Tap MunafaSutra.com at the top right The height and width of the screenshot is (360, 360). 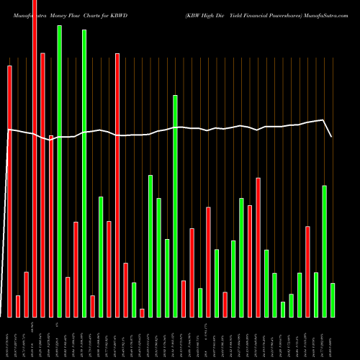327,14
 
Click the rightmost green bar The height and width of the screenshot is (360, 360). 333,300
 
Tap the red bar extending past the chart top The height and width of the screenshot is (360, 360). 35,158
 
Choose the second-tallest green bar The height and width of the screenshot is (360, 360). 84,173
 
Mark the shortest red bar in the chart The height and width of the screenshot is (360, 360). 142,312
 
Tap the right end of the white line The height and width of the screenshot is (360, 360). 332,137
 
